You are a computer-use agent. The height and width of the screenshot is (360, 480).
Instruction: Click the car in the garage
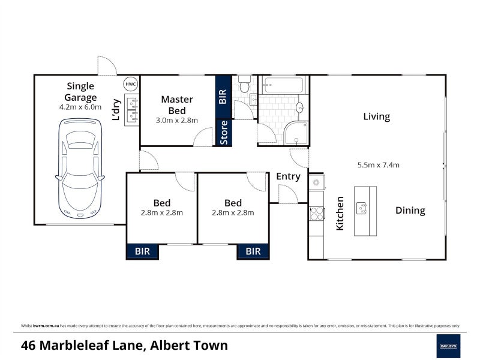(x=80, y=168)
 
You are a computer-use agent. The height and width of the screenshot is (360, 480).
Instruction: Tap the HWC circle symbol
(x=131, y=85)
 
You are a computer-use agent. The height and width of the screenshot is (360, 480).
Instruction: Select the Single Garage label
(x=81, y=92)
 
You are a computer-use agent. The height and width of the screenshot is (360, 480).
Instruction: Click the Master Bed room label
(x=177, y=104)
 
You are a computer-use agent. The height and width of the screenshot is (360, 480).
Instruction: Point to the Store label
(x=224, y=133)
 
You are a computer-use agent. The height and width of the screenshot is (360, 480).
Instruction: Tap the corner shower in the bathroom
(x=296, y=133)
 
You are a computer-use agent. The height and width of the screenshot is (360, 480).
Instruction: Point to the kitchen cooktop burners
(x=316, y=213)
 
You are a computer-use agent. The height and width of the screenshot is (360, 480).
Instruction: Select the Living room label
(x=376, y=116)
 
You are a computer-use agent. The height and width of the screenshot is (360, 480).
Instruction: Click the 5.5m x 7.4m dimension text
(x=378, y=165)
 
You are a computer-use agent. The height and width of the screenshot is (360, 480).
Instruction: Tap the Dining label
(x=410, y=211)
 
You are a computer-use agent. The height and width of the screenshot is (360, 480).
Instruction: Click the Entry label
(x=288, y=176)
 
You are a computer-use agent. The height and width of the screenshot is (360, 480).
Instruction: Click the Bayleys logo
(x=448, y=346)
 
